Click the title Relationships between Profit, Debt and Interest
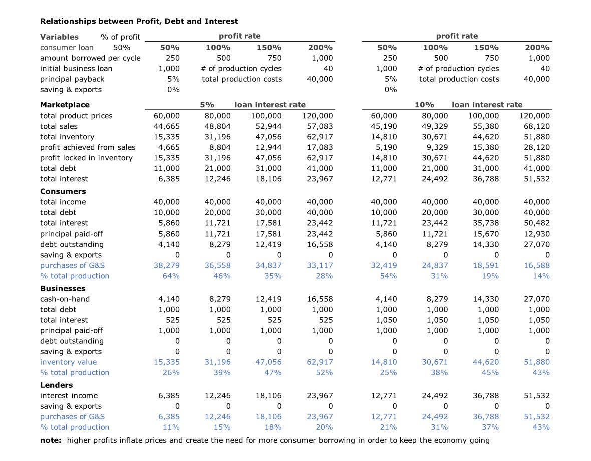pos(139,21)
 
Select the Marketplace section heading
pos(65,105)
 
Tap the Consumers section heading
pos(63,191)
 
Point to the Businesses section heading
pos(63,288)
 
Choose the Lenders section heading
pos(56,385)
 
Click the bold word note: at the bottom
pos(51,440)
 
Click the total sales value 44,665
pos(166,126)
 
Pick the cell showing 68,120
pos(536,126)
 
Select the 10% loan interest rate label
pos(424,105)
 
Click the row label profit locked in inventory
pos(86,158)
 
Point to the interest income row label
pos(69,395)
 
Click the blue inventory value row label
pos(68,362)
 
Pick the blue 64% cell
pos(171,276)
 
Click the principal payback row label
pos(72,79)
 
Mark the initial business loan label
pos(76,68)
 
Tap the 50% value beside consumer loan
pos(122,47)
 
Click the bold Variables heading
pos(59,37)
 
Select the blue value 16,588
pos(536,265)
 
